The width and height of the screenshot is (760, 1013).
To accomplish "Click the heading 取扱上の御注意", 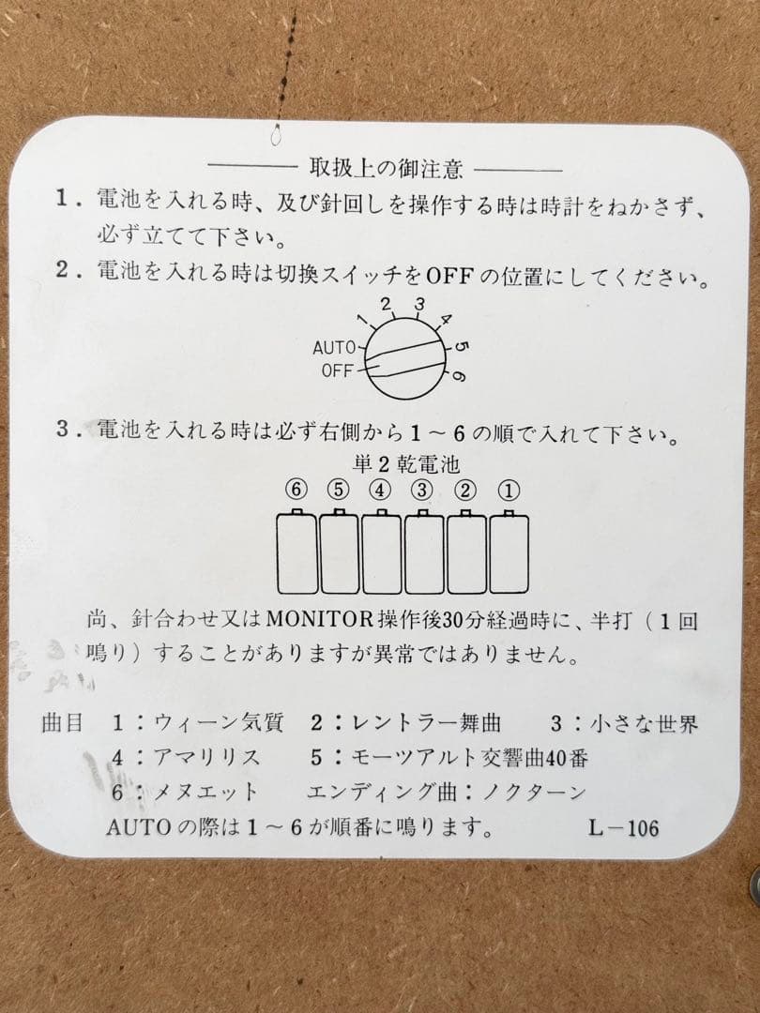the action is pos(386,169).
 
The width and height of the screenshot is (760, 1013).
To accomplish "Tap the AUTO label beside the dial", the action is pos(334,348).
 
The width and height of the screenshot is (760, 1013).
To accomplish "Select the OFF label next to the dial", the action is pos(337,370).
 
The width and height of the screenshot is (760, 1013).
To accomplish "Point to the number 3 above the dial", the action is pos(420,304).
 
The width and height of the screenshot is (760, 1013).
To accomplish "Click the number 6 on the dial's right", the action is pos(458,376).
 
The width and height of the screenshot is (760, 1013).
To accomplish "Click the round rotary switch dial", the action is pos(405,358).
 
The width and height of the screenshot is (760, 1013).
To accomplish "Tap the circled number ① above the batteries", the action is pos(509,491).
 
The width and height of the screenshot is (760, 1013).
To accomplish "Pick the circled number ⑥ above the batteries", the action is pos(296,490).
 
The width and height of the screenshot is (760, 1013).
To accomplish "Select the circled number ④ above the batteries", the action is pos(380,490).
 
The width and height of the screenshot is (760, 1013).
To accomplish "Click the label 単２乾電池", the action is pos(406,463).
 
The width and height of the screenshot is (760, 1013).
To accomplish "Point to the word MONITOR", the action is pos(320,620).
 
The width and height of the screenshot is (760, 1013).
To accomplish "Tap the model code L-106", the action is pos(624,827).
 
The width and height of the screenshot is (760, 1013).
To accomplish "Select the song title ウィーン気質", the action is pos(219,722).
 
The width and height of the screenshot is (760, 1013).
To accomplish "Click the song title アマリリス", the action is pos(206,757).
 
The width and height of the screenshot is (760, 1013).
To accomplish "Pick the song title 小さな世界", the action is pos(644,723).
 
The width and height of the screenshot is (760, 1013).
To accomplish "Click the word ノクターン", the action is pos(534,792).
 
